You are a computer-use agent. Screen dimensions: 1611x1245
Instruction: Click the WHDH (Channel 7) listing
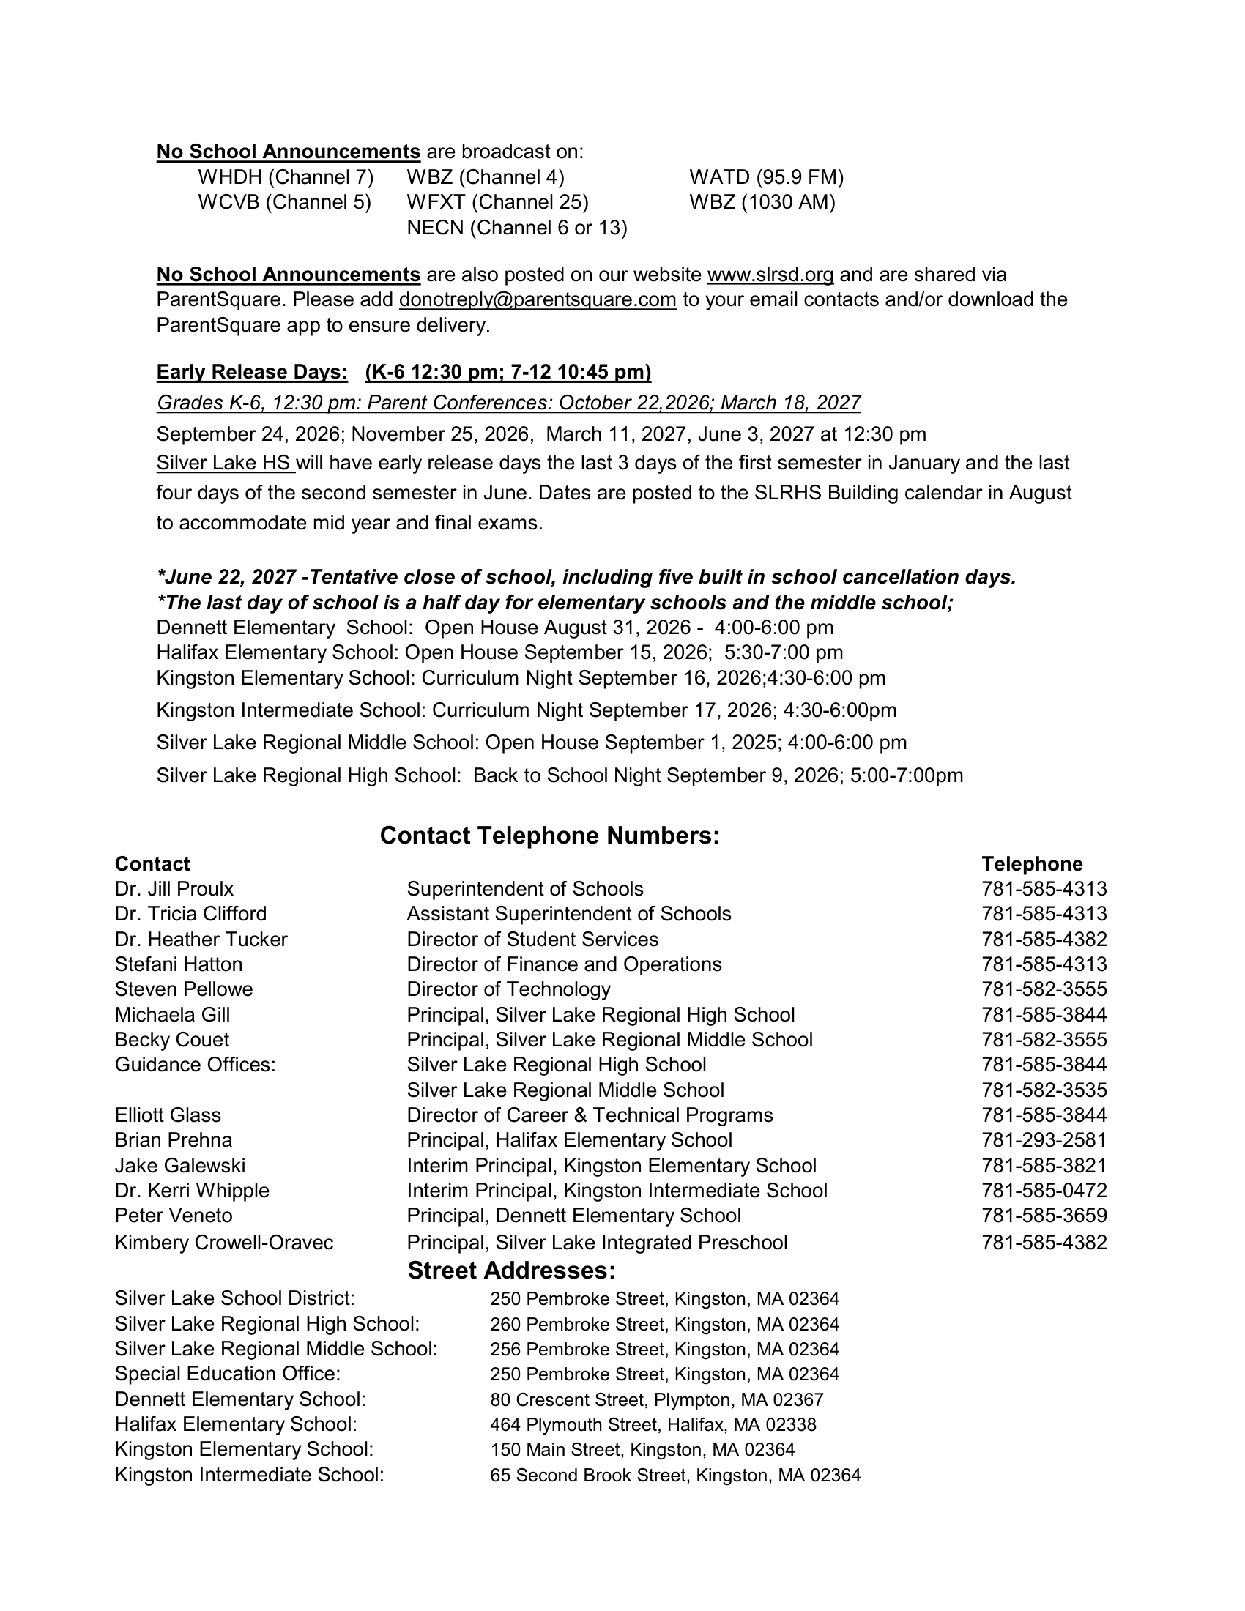tap(286, 177)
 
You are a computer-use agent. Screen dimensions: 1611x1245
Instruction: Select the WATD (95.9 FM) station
tap(766, 177)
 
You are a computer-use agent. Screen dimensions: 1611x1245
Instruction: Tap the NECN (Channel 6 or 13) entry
tap(517, 228)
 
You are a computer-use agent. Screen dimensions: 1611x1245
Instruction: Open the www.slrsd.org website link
tap(770, 275)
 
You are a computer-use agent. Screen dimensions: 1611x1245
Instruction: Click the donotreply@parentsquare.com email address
tap(538, 299)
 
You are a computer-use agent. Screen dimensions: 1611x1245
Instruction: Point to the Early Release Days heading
tap(251, 372)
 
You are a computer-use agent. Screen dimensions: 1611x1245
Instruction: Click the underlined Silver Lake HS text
tap(225, 464)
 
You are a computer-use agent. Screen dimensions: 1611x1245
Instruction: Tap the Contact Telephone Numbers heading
tap(549, 836)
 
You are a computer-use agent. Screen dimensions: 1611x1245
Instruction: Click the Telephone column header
tap(1032, 864)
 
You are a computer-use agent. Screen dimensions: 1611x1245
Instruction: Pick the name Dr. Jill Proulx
tap(174, 889)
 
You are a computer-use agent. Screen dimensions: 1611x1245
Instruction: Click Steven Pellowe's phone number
tap(1044, 989)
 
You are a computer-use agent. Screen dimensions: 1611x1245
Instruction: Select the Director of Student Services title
tap(532, 939)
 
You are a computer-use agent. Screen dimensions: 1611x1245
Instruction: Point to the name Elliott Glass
tap(168, 1115)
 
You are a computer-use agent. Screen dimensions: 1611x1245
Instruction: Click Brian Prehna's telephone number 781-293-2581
tap(1044, 1139)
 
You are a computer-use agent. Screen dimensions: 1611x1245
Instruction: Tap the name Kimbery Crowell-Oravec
tap(223, 1242)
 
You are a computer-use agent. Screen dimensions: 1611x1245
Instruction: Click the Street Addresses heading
tap(511, 1270)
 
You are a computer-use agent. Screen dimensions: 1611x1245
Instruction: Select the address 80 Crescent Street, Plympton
tap(656, 1399)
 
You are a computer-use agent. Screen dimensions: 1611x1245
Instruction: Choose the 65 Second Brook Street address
tap(675, 1476)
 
